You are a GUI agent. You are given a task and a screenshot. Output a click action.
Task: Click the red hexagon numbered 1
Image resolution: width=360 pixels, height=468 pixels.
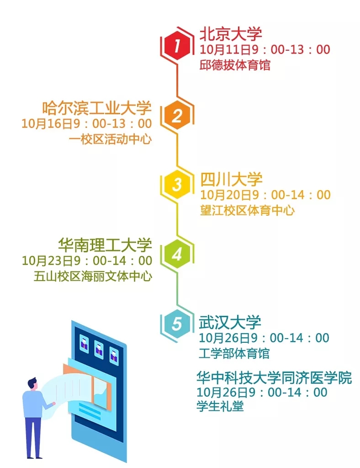click(177, 46)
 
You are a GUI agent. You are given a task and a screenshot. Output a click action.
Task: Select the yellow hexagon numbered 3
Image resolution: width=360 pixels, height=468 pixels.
click(177, 184)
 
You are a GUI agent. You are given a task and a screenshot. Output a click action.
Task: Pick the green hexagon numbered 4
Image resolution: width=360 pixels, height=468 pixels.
click(177, 254)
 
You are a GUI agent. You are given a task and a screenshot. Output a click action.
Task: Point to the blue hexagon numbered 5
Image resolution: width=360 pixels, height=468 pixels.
click(177, 324)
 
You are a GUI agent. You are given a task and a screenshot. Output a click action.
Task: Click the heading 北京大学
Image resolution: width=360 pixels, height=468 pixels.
click(230, 34)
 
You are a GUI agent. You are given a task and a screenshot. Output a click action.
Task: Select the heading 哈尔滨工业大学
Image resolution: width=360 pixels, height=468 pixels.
click(96, 108)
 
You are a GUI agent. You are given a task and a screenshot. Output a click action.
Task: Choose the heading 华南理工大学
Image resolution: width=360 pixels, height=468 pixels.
click(105, 245)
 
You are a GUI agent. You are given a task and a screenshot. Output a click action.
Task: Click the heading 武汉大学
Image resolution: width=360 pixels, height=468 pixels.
click(230, 322)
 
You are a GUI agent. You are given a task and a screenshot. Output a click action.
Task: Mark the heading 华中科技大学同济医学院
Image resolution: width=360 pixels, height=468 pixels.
click(274, 378)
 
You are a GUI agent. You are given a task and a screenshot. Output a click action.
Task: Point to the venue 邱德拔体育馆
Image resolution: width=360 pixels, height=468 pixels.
click(235, 65)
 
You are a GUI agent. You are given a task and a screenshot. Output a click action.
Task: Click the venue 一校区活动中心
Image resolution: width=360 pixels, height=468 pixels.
click(110, 139)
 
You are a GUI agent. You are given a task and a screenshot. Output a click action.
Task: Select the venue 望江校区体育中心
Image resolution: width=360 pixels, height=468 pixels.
click(247, 210)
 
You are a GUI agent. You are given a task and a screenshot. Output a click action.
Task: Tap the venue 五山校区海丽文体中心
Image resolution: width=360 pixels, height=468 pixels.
click(93, 276)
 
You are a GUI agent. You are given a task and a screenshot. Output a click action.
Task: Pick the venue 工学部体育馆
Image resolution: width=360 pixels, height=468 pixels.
click(234, 353)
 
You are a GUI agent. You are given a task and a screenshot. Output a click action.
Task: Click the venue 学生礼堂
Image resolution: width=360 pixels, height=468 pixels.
click(220, 406)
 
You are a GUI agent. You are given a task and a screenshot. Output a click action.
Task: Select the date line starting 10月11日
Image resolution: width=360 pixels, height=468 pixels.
click(265, 49)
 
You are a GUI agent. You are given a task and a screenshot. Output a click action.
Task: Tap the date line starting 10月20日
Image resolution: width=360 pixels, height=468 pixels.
click(265, 195)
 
